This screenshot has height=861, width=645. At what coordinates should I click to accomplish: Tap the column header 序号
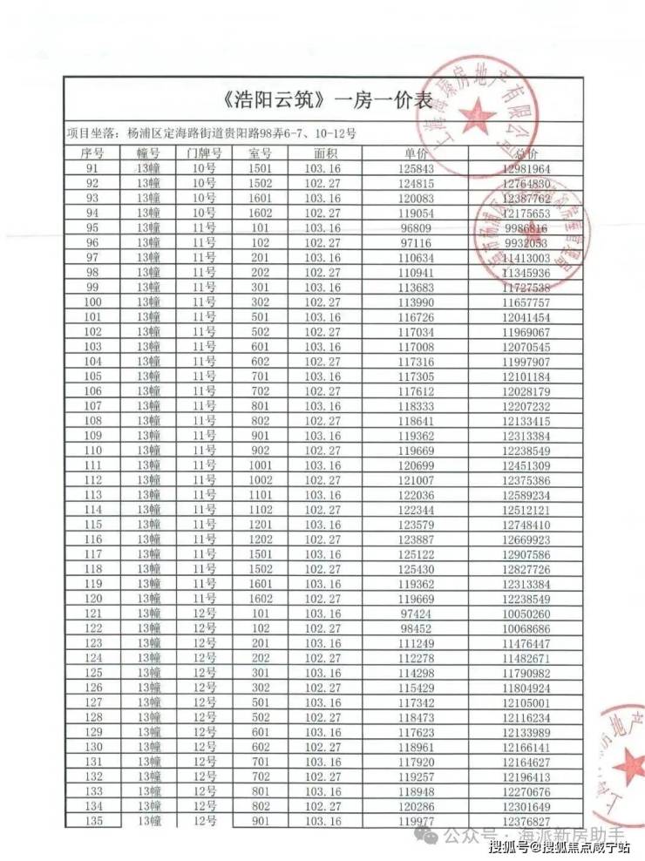(x=92, y=153)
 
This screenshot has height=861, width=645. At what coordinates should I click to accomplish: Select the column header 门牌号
(x=204, y=153)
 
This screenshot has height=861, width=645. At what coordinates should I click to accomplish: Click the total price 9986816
(x=526, y=227)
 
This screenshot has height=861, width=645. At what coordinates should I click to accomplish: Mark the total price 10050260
(x=526, y=613)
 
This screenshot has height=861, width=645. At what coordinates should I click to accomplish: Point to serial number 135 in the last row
(x=92, y=820)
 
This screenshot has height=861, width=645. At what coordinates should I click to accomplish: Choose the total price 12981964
(x=526, y=168)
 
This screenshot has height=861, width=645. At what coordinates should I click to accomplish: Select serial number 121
(x=92, y=613)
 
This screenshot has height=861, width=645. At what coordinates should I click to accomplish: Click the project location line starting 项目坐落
(x=209, y=133)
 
